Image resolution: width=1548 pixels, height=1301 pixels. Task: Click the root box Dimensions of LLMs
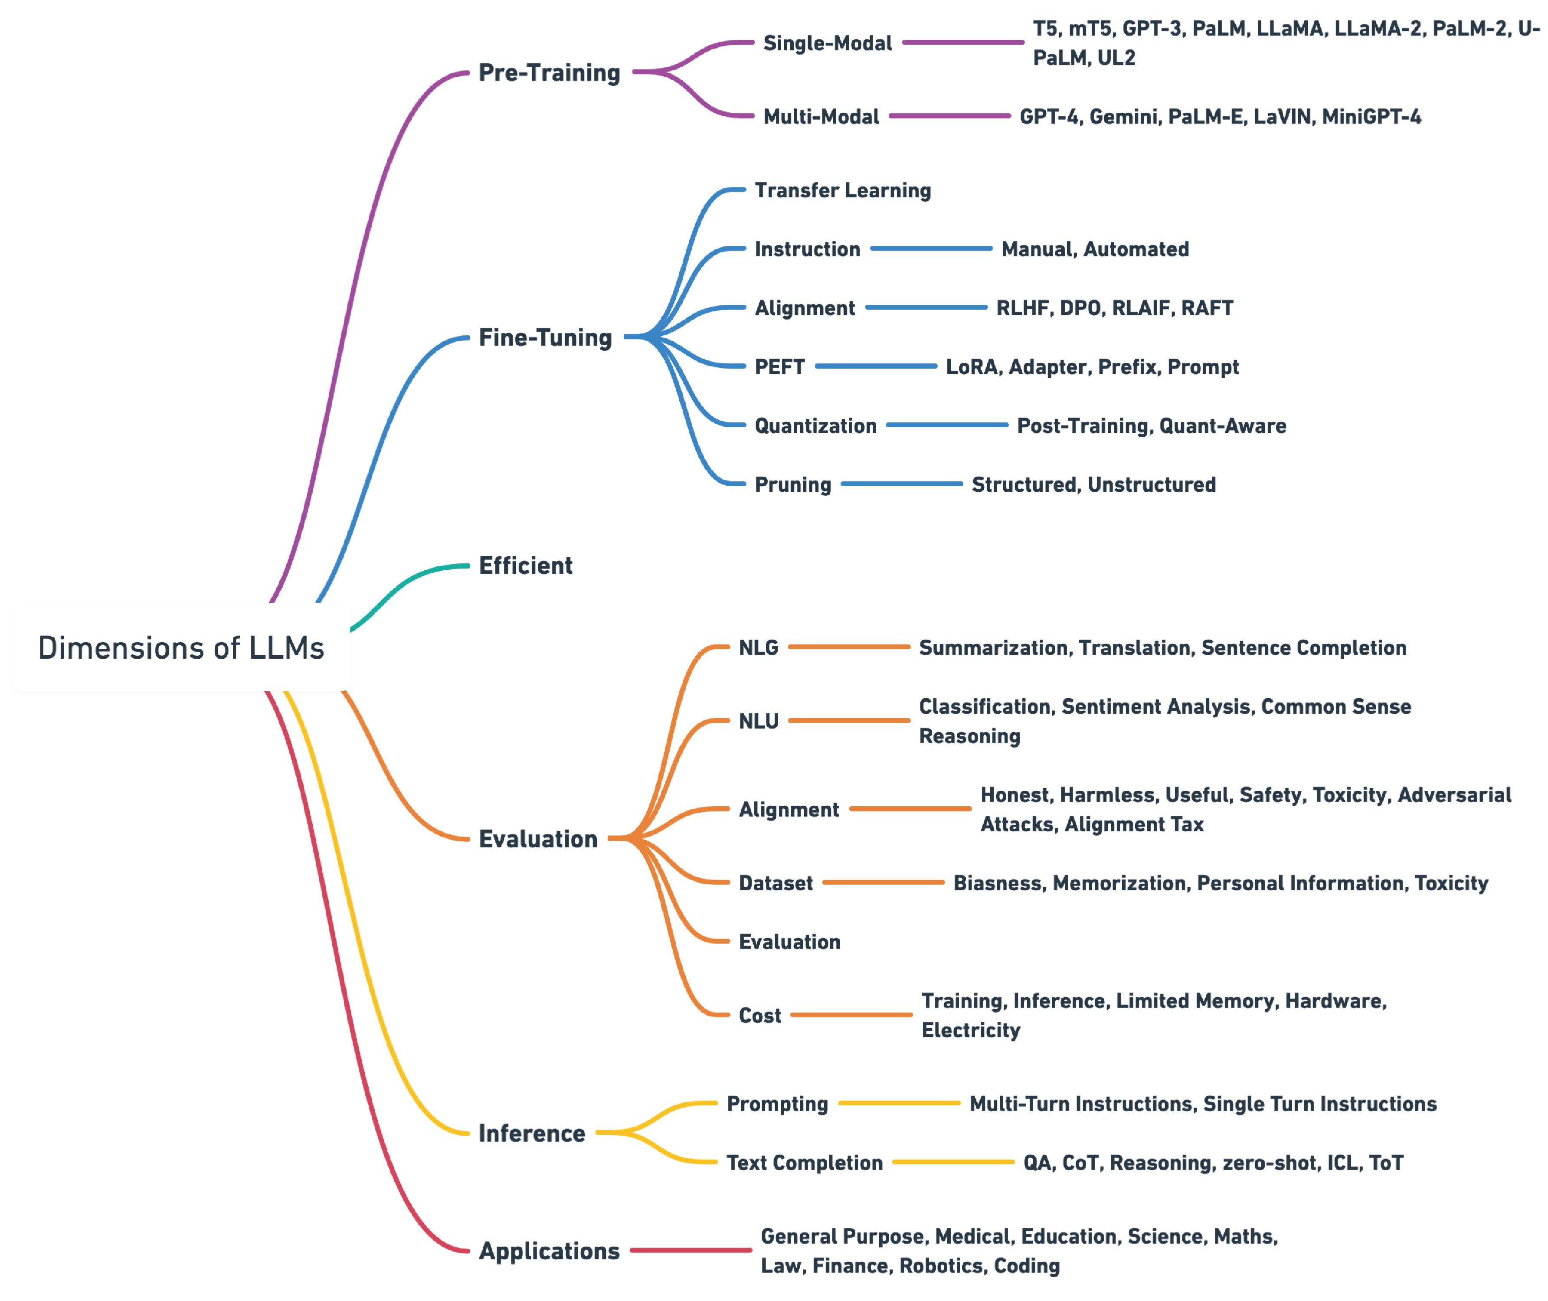181,647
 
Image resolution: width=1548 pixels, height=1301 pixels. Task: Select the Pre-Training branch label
550,72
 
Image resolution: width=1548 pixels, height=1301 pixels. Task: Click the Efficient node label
526,565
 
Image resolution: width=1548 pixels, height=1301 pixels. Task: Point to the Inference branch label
532,1132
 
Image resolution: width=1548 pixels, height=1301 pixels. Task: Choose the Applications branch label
550,1250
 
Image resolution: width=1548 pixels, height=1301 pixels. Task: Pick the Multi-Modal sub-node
821,117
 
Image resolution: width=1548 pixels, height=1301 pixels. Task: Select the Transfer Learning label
842,190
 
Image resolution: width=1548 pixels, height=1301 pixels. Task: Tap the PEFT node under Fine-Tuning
779,366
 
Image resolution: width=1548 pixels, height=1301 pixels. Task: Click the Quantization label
815,425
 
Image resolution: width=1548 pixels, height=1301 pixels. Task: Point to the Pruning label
793,484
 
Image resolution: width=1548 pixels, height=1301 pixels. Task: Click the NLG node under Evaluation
758,647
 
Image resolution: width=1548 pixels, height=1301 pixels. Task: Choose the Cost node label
759,1015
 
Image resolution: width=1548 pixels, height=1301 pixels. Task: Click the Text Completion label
804,1162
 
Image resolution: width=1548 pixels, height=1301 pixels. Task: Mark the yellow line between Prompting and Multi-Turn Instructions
899,1103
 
